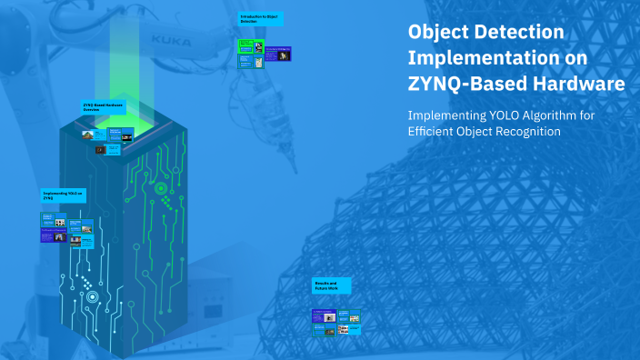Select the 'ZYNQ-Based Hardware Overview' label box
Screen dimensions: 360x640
pos(103,107)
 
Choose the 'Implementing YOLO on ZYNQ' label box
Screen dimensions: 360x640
pos(63,195)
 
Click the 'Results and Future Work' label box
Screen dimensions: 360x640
pos(330,285)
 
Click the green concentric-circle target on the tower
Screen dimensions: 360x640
pos(161,189)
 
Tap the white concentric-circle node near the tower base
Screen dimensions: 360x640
pos(92,296)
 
